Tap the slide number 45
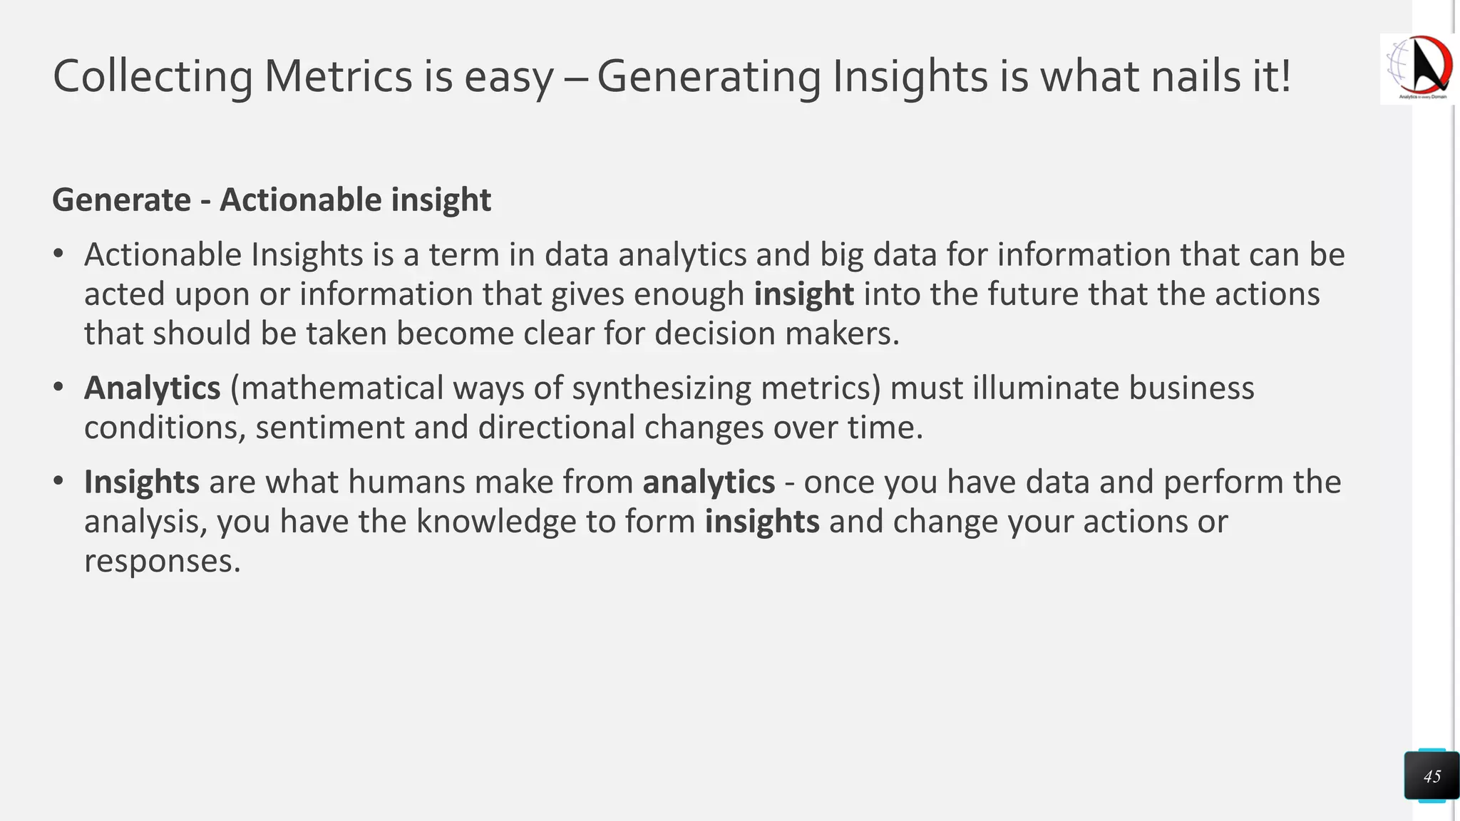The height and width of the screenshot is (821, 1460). pyautogui.click(x=1431, y=776)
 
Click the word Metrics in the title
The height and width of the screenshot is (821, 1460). pyautogui.click(x=338, y=76)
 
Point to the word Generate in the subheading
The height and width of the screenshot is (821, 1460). pyautogui.click(x=121, y=200)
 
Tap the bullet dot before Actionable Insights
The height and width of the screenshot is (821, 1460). pyautogui.click(x=58, y=254)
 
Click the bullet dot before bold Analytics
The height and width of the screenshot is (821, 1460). pyautogui.click(x=58, y=388)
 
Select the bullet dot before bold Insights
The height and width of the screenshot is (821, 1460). pyautogui.click(x=58, y=482)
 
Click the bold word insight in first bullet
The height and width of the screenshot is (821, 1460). pyautogui.click(x=803, y=294)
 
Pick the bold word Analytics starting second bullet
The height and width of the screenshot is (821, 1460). pyautogui.click(x=153, y=388)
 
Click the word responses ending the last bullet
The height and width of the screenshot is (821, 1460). pyautogui.click(x=162, y=561)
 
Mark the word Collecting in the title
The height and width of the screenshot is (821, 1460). pyautogui.click(x=153, y=76)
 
